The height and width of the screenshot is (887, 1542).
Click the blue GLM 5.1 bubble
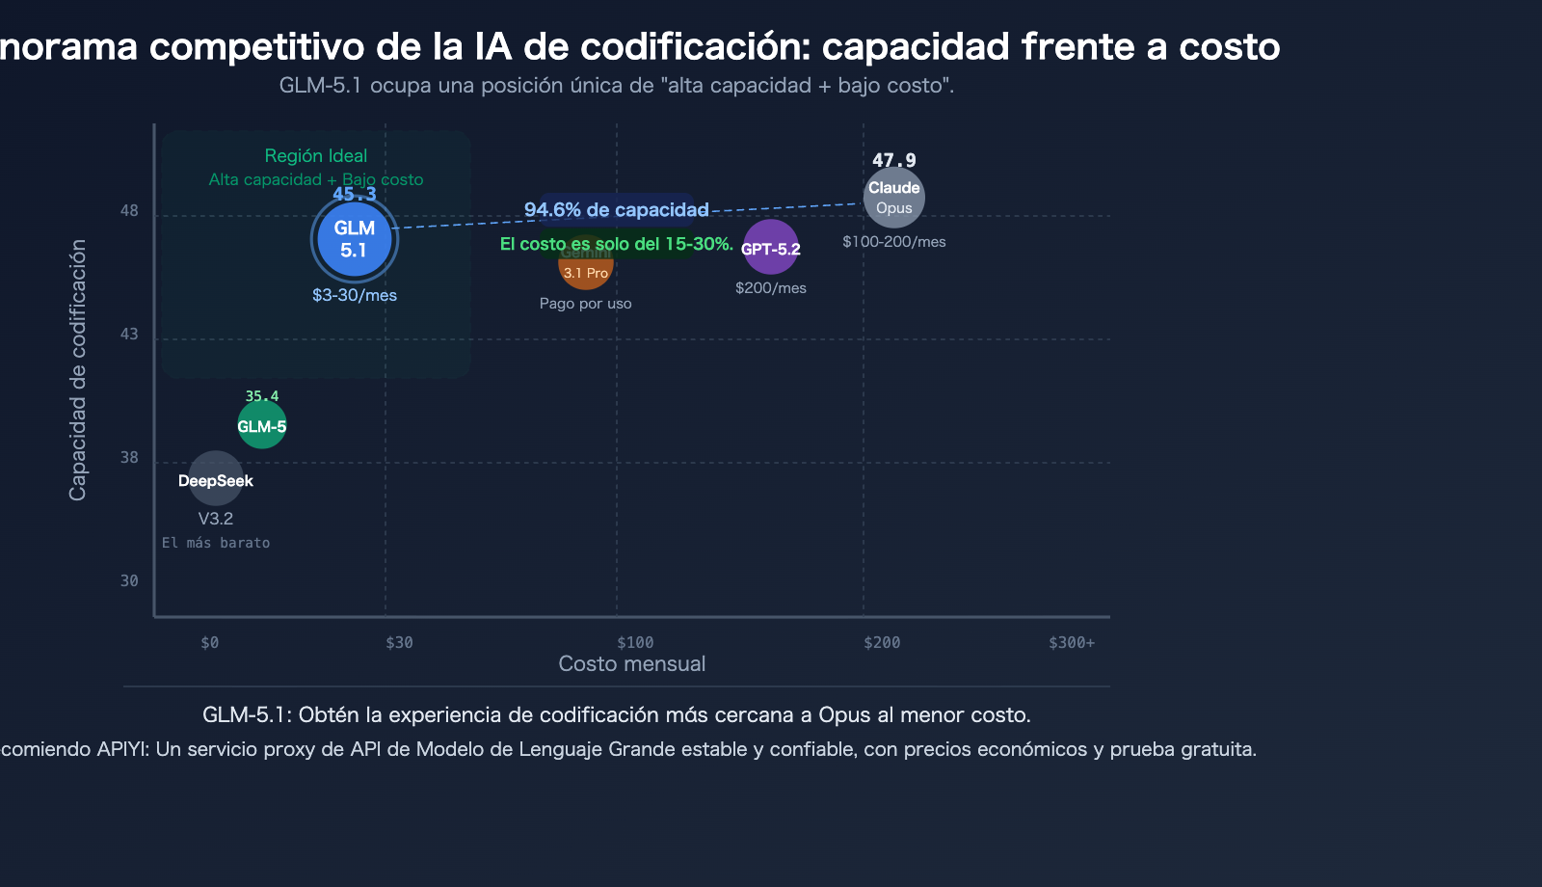click(x=355, y=239)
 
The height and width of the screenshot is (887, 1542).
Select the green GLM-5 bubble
click(x=262, y=425)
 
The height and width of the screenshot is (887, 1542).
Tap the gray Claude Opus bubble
click(x=894, y=198)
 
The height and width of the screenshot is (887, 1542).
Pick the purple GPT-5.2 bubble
click(x=771, y=248)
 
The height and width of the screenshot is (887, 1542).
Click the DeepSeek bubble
click(x=215, y=479)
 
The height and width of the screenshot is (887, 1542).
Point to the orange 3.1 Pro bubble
click(x=586, y=271)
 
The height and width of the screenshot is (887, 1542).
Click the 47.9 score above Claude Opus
click(x=894, y=160)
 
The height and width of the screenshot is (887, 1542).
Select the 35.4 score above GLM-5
click(x=262, y=396)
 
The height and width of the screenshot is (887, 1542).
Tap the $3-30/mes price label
click(x=355, y=295)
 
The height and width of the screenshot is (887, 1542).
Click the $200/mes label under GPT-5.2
click(x=771, y=288)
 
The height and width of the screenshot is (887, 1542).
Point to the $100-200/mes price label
click(x=894, y=242)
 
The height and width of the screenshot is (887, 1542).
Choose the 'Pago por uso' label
click(x=586, y=304)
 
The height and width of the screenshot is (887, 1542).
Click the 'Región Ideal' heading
click(x=316, y=156)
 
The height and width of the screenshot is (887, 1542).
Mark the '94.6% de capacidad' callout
click(x=617, y=210)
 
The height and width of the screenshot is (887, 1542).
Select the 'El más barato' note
click(x=216, y=543)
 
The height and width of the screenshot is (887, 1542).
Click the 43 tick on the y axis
click(x=129, y=335)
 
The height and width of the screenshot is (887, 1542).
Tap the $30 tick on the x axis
click(x=399, y=643)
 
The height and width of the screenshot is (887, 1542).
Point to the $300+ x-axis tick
click(x=1072, y=643)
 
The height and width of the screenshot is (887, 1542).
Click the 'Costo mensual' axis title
click(x=632, y=664)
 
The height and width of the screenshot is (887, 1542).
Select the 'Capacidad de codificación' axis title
click(x=78, y=370)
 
